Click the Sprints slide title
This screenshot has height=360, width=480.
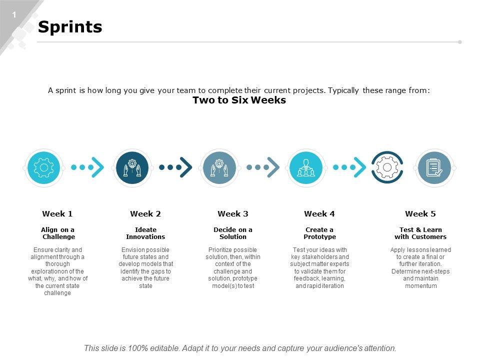click(70, 27)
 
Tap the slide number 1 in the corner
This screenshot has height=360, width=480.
click(14, 14)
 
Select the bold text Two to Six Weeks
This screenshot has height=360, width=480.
click(239, 100)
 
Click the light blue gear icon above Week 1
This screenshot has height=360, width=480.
click(44, 168)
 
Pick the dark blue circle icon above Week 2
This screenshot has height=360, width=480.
click(132, 168)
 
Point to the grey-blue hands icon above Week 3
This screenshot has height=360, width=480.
click(219, 168)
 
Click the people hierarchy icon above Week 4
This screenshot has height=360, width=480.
click(306, 168)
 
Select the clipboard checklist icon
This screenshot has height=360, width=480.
click(434, 168)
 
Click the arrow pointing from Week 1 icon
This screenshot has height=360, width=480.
click(87, 167)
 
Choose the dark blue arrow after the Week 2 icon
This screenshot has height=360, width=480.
click(175, 167)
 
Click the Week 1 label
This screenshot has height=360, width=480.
click(57, 213)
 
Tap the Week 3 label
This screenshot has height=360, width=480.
click(233, 213)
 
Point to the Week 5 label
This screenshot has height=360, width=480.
click(420, 213)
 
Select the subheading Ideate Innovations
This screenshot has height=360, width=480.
click(145, 233)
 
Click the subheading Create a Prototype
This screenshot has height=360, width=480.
click(319, 233)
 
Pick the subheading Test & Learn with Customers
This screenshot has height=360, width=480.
click(420, 233)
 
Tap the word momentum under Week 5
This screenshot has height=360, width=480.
click(421, 286)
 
